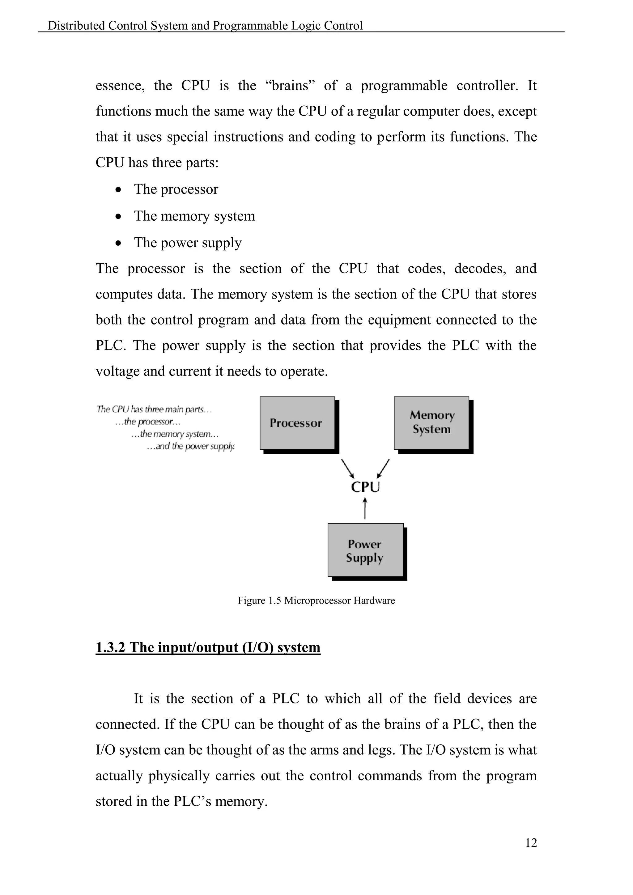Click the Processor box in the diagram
pos(297,423)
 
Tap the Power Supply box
pos(365,550)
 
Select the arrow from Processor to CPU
pos(348,469)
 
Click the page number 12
pos(531,843)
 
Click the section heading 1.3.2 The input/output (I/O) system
pos(208,647)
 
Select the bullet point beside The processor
pos(118,190)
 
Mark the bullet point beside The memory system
pos(118,216)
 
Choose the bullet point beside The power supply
pos(118,243)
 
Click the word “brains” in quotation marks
pos(290,85)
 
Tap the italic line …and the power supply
pos(191,446)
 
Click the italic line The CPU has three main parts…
pos(154,409)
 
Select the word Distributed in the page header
pos(76,26)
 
